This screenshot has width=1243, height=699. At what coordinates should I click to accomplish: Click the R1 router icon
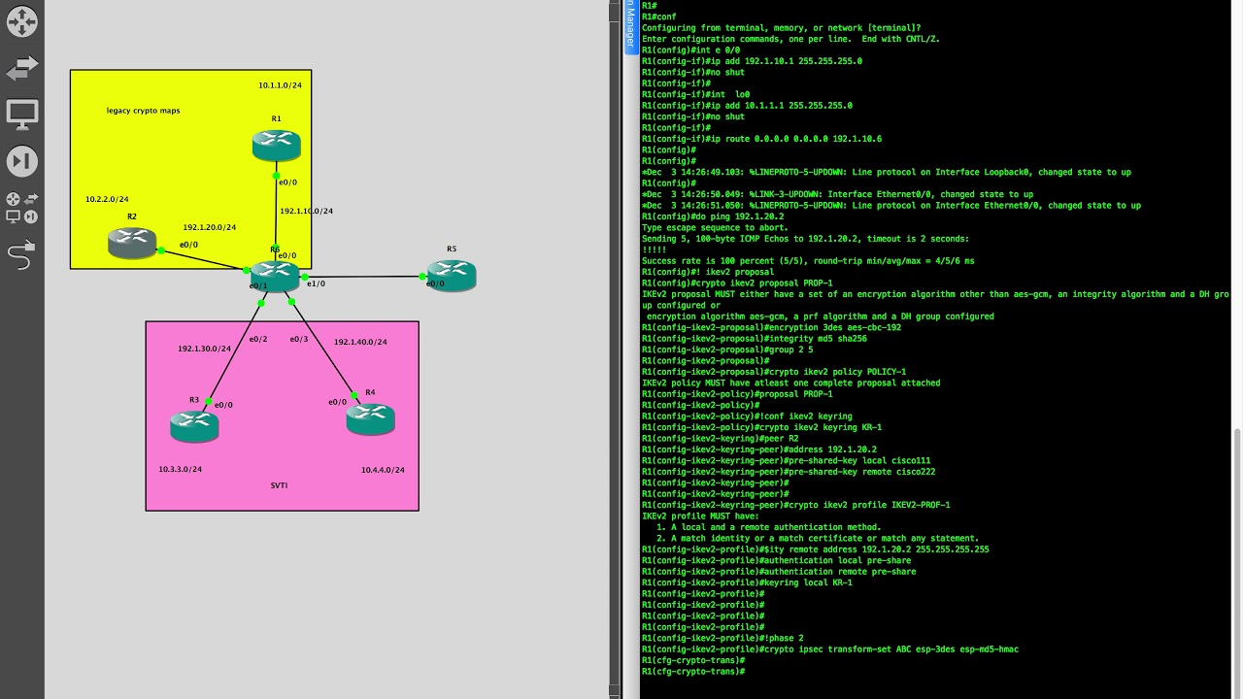pos(276,146)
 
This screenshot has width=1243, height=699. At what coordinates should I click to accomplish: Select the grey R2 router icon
pos(132,243)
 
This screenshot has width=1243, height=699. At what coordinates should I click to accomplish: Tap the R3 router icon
pos(194,426)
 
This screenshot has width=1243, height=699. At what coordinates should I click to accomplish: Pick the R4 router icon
pos(370,418)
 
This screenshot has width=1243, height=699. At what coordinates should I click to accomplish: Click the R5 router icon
pos(452,275)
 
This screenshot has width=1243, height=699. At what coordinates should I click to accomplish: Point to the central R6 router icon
pos(276,275)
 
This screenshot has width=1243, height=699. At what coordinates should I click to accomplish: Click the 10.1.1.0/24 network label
pos(280,85)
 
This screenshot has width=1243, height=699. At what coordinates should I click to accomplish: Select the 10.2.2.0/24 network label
pos(107,200)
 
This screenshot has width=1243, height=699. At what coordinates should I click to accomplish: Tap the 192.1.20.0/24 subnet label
pos(210,228)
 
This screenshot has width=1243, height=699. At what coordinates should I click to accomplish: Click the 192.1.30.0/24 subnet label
pos(204,349)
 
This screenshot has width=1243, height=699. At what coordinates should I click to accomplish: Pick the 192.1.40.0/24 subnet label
pos(360,343)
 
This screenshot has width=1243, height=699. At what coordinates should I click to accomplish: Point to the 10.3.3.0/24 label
pos(181,470)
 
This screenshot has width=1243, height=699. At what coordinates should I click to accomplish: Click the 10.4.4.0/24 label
pos(383,471)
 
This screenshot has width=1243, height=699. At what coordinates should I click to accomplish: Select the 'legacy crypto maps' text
pos(143,111)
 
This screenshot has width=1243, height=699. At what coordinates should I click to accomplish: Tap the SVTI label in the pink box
pos(279,485)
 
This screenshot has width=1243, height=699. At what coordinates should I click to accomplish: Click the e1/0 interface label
pos(316,284)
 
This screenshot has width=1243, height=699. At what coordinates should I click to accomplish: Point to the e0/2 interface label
pos(257,340)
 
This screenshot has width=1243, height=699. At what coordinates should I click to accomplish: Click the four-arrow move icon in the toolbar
pos(21,21)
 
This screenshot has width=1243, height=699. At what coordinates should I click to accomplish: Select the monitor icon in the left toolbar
pos(21,114)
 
